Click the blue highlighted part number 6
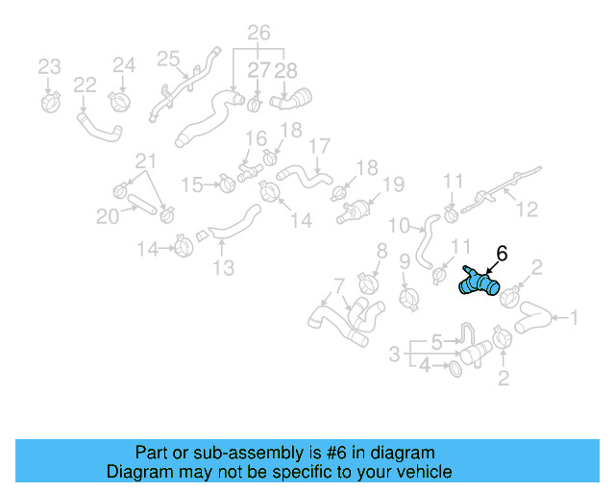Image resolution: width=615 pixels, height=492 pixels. click(x=479, y=282)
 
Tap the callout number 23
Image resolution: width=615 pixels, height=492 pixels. click(x=49, y=66)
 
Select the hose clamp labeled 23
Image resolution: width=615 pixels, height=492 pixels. click(x=51, y=99)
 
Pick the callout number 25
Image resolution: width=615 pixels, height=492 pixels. click(x=168, y=60)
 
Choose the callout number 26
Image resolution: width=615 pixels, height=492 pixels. click(x=258, y=34)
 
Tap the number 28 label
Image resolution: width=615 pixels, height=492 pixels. click(x=286, y=70)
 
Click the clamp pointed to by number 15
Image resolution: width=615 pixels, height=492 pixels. click(x=227, y=182)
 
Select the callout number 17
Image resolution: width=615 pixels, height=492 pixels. click(x=319, y=147)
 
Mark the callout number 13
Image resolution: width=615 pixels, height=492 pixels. click(x=223, y=268)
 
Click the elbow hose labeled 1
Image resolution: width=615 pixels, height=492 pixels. click(x=532, y=321)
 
